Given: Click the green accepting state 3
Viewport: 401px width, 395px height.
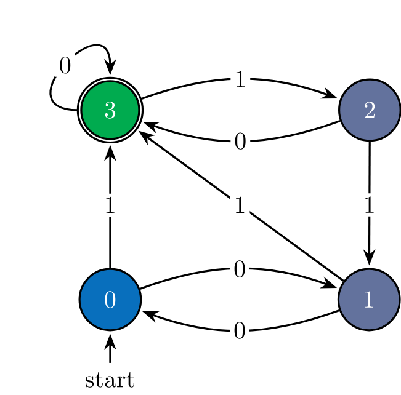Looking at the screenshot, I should tap(110, 111).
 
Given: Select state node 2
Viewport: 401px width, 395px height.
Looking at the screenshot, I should tap(369, 111).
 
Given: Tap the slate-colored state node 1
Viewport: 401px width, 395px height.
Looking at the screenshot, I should tap(369, 300).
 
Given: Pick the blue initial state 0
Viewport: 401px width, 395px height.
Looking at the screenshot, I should tap(110, 300).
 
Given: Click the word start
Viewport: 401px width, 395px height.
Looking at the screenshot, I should tap(110, 380).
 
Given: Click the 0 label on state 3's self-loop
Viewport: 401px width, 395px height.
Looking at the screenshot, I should tap(65, 65).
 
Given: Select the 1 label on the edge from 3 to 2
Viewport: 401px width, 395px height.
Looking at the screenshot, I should tap(240, 80).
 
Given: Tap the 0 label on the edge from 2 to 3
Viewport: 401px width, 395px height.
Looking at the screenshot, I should tap(240, 142).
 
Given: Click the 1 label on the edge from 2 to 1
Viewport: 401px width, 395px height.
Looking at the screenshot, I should tap(369, 205).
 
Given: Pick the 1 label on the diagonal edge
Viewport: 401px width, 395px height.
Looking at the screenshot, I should tap(240, 205).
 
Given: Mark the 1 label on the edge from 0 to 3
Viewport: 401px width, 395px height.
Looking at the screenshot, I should tap(110, 205).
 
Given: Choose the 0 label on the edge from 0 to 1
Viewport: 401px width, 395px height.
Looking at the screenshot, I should tap(240, 269).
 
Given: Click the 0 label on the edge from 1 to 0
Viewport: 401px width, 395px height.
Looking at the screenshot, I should tap(240, 332).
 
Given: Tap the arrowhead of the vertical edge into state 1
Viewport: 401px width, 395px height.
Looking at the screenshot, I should tap(369, 259).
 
